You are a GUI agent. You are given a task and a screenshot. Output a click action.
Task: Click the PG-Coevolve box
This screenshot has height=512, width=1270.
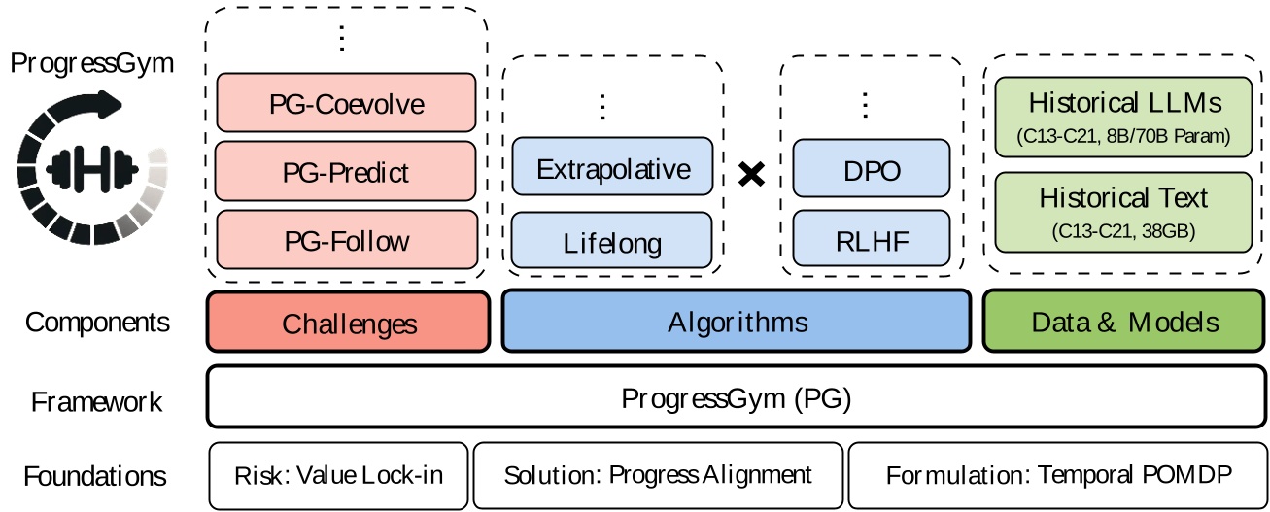tap(347, 102)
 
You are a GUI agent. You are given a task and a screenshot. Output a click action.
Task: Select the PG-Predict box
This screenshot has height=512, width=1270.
tap(347, 171)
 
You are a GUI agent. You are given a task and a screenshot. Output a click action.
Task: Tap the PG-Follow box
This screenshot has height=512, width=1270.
tap(347, 239)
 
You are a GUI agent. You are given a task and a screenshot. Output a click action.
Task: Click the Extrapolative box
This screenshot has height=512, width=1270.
tap(612, 168)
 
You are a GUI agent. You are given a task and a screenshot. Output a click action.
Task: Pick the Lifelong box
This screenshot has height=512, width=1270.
tap(612, 240)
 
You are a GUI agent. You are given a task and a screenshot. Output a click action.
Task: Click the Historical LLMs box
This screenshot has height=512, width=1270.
tap(1123, 116)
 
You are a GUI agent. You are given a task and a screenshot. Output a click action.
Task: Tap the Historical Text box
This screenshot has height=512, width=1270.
tap(1123, 211)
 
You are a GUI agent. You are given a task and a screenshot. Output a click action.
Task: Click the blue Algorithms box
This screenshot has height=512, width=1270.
tap(736, 322)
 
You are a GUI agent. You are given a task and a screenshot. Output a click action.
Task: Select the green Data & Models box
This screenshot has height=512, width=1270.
tap(1124, 322)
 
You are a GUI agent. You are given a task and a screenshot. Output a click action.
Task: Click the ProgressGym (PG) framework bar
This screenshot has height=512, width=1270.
tap(736, 396)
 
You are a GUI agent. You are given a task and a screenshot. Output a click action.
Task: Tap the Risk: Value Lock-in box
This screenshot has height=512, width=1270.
tap(338, 476)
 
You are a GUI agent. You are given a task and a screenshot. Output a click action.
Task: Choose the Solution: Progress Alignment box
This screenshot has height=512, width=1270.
tap(658, 476)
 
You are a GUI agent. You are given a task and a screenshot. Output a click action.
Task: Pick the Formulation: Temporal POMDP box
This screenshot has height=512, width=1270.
tap(1057, 476)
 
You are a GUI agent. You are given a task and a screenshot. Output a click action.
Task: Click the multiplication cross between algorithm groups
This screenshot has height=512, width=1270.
tap(752, 174)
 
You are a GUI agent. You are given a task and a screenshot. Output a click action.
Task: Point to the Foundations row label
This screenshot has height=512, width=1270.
tap(95, 477)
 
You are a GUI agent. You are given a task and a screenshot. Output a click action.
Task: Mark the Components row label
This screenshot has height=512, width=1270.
tap(97, 323)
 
